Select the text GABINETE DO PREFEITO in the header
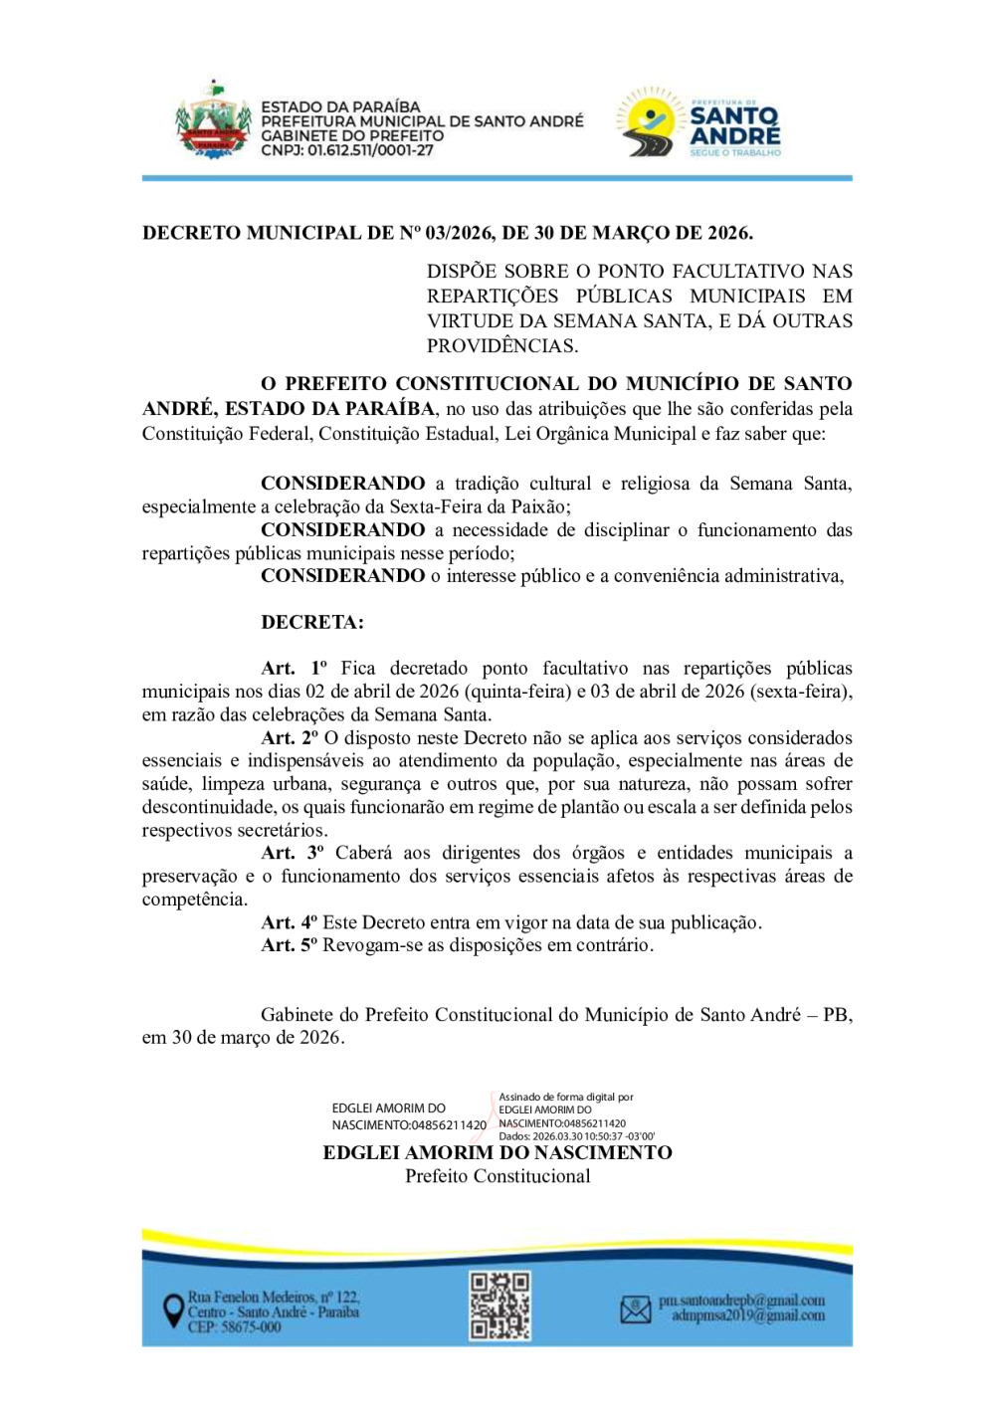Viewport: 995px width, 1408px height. (352, 135)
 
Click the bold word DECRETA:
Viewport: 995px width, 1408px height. (312, 622)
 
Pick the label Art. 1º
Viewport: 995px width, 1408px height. (294, 668)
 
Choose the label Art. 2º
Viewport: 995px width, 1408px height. (290, 737)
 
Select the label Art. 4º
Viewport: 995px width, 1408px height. (289, 922)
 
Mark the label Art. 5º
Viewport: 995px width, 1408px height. (289, 945)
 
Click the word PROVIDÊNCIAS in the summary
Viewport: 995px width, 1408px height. (501, 346)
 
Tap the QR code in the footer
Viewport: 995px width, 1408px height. (499, 1306)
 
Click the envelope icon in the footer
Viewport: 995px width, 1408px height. (635, 1309)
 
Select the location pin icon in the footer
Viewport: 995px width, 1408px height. (173, 1309)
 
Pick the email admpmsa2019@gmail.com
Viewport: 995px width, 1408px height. (748, 1315)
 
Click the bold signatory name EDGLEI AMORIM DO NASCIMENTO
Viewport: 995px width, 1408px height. (497, 1152)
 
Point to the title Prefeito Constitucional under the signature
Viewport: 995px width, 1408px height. (497, 1176)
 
